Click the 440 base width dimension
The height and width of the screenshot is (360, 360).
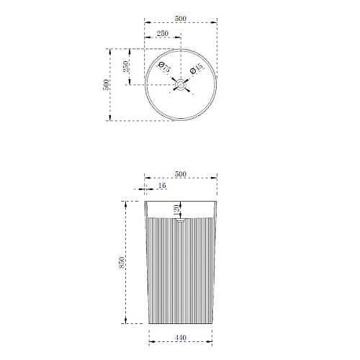181,338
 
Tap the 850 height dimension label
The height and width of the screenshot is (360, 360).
122,263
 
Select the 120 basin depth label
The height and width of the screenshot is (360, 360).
176,210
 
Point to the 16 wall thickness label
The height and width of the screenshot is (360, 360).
162,186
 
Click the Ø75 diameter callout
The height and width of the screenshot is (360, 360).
164,67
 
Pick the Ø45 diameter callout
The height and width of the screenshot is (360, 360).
197,68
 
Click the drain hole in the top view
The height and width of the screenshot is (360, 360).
181,85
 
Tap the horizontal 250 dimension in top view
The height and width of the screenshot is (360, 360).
163,33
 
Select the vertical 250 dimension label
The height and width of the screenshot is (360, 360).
126,67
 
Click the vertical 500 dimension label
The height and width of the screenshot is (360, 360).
106,85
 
